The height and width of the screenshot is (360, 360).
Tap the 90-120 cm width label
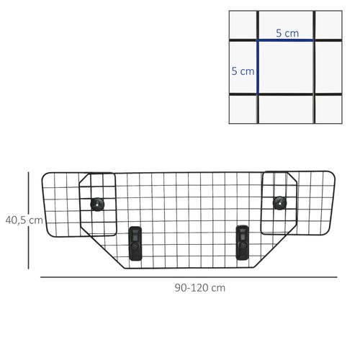(x=199, y=287)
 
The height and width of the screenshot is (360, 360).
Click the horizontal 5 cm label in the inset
(x=287, y=33)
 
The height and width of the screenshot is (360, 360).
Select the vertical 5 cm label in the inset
(x=243, y=71)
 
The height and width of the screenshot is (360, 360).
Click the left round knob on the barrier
(x=97, y=204)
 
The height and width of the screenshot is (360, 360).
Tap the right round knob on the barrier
(x=279, y=202)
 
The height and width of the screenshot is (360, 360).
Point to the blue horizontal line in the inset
(x=286, y=40)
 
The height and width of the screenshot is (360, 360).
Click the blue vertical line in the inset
(x=258, y=68)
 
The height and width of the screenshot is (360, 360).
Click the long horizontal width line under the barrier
(x=187, y=276)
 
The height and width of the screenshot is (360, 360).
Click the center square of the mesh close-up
(x=286, y=68)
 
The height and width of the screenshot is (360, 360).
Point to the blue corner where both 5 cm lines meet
(x=258, y=40)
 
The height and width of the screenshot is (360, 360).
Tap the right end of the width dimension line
(x=336, y=276)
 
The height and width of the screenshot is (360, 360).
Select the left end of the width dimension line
(x=40, y=276)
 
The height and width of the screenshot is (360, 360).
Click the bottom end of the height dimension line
(x=29, y=268)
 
